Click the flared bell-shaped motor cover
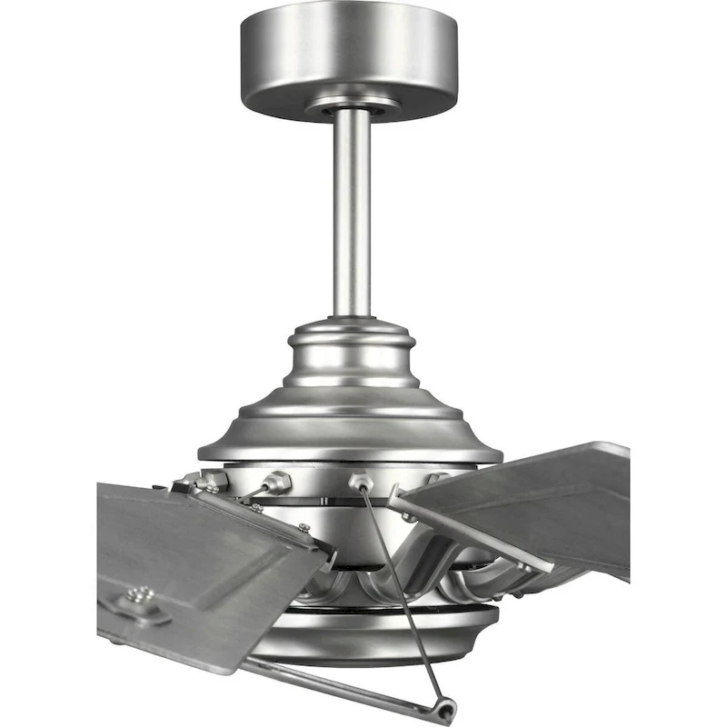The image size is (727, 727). coord(351,418)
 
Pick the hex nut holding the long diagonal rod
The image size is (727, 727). coord(359,481)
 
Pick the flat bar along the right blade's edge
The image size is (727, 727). coord(473,532)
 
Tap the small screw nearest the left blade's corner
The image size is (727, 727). coord(304,528)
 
